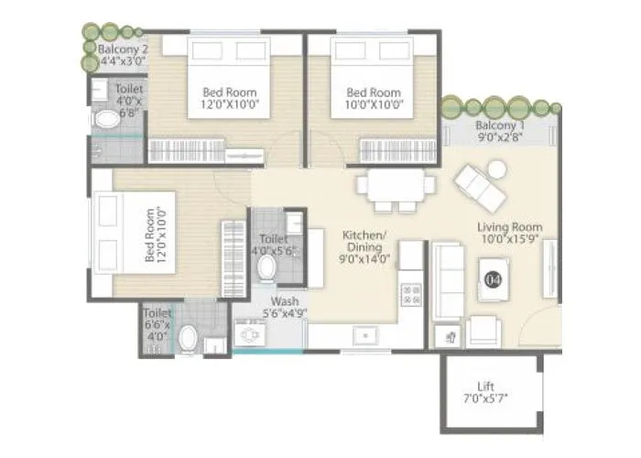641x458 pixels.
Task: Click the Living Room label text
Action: pyautogui.click(x=509, y=226)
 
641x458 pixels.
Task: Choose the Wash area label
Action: pyautogui.click(x=283, y=302)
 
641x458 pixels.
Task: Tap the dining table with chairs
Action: pyautogui.click(x=396, y=188)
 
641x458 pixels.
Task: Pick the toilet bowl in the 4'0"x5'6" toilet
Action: pyautogui.click(x=267, y=267)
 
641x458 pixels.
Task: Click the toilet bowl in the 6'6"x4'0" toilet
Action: pyautogui.click(x=188, y=339)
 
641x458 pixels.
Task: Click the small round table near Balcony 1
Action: pyautogui.click(x=495, y=169)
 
